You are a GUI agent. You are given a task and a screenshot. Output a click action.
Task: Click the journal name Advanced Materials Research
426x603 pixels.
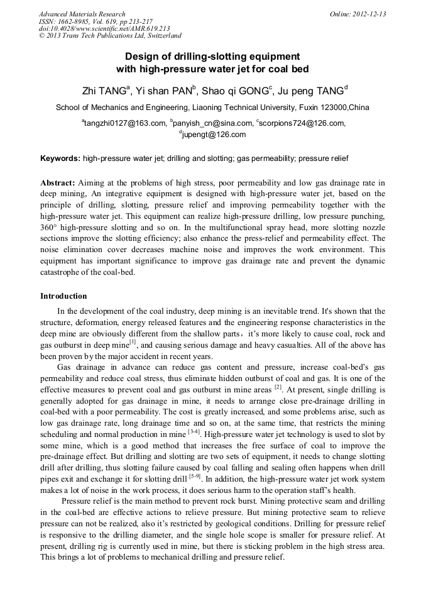pos(82,14)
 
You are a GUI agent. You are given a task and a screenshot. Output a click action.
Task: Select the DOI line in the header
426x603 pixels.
pos(104,29)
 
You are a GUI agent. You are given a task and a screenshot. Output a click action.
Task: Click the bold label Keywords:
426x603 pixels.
pos(60,158)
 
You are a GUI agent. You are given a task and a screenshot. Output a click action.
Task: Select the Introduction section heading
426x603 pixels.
pos(63,296)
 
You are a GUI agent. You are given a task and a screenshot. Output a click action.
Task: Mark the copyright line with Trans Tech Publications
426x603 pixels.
pos(110,36)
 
